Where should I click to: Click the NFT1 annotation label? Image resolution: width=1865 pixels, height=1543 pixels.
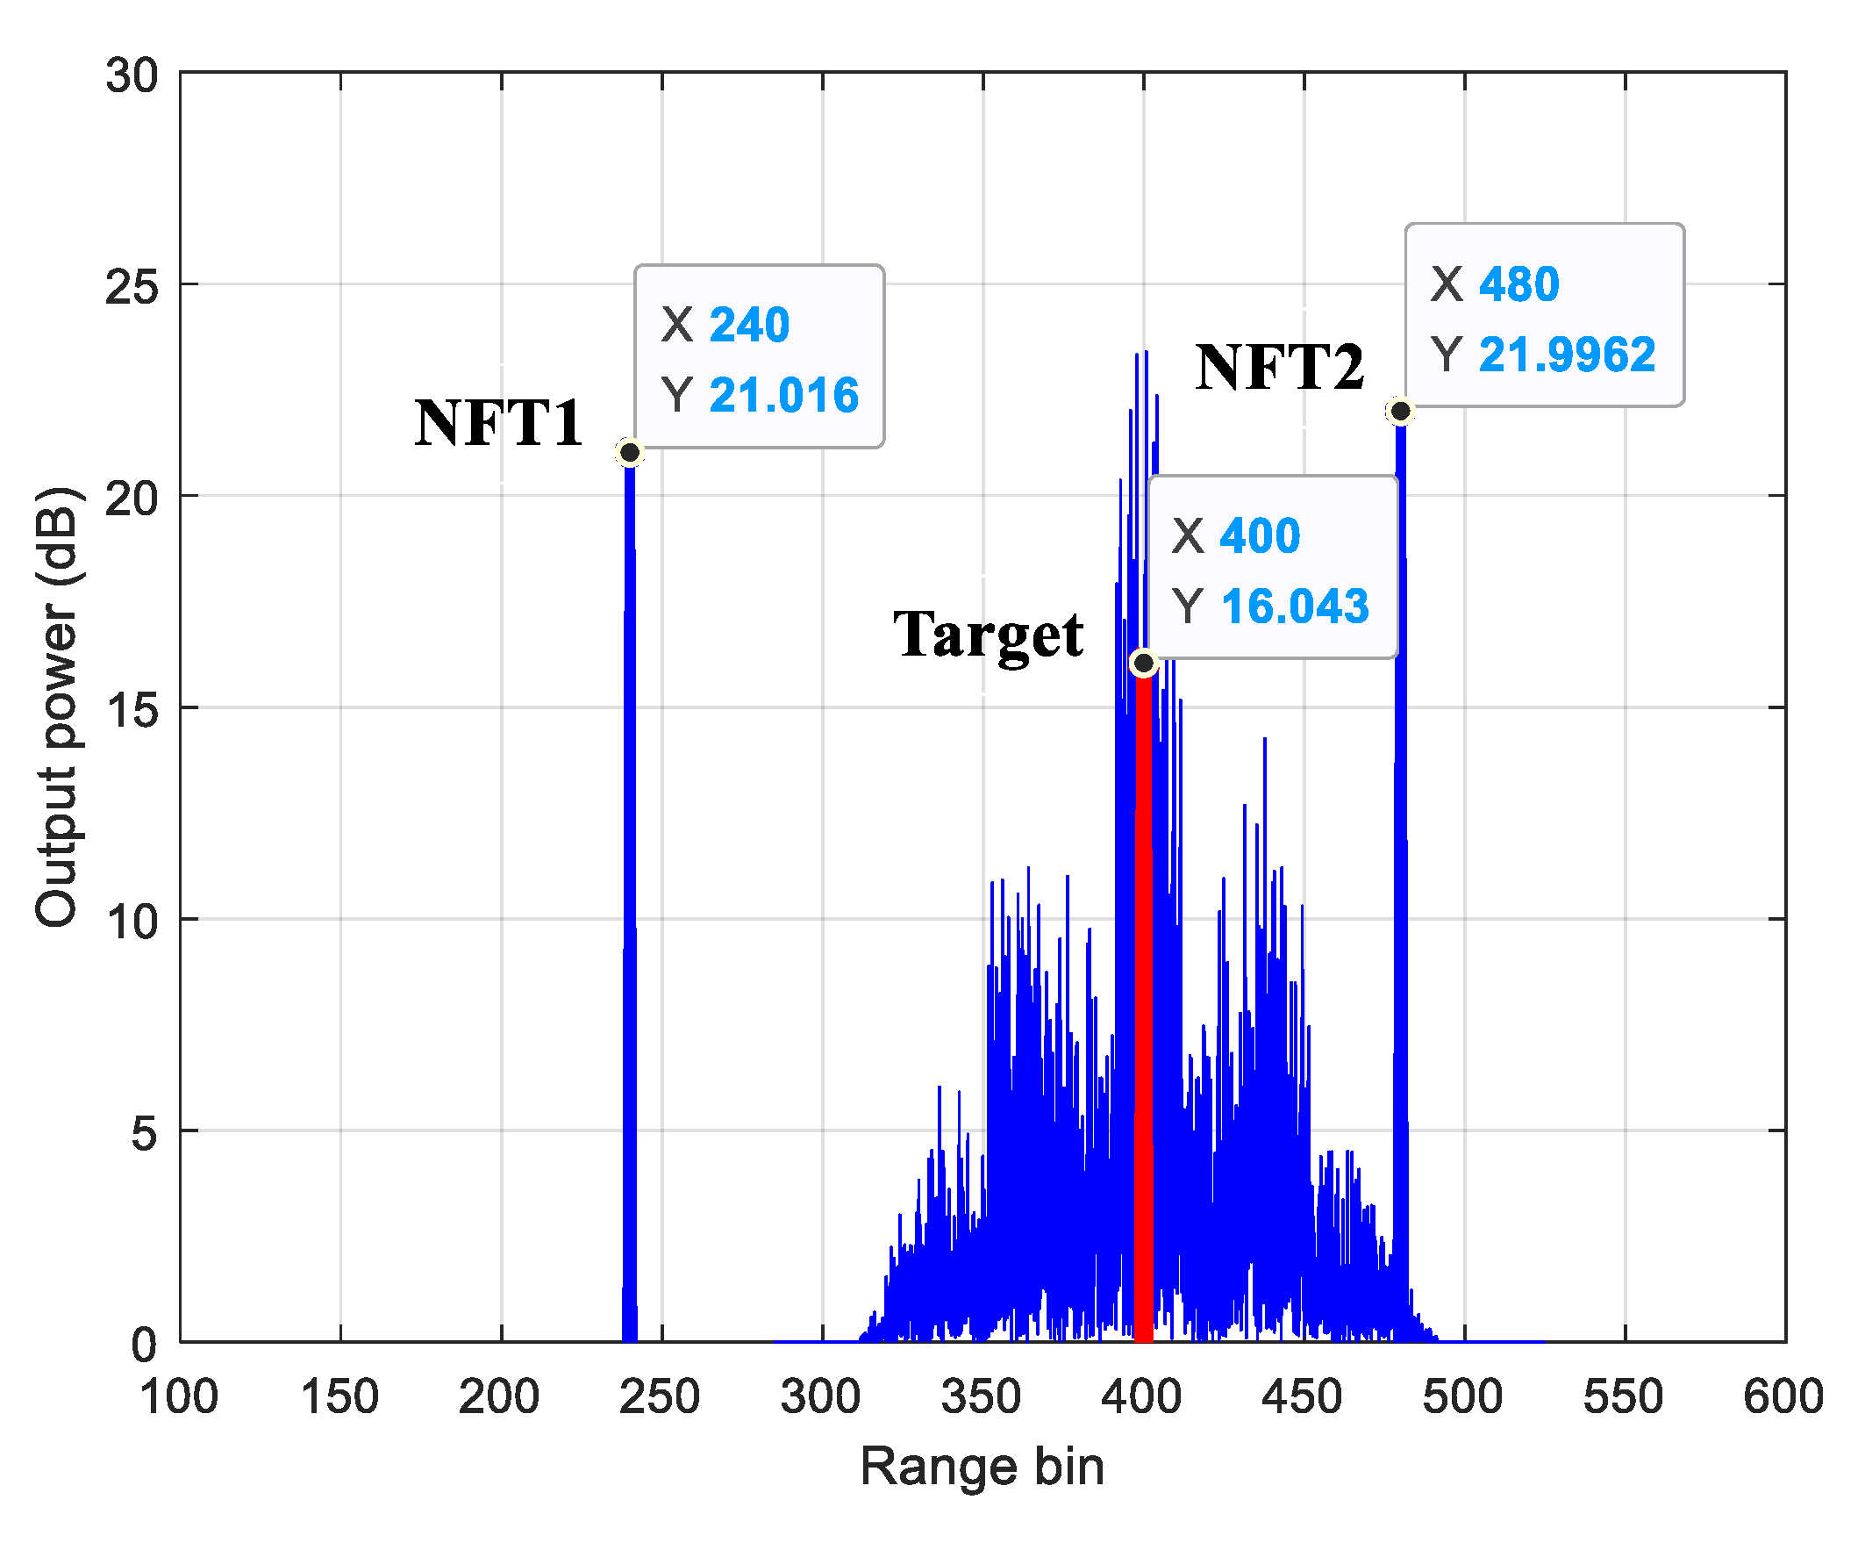pos(498,423)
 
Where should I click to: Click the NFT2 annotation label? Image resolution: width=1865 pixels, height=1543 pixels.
pos(1279,367)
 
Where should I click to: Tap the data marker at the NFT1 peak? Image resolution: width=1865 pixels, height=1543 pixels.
pos(630,453)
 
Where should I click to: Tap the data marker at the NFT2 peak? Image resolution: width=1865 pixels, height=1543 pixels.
pos(1401,412)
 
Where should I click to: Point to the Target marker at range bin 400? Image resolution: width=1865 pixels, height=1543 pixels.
pos(1144,663)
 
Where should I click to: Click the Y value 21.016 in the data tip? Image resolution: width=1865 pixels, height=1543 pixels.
pos(783,395)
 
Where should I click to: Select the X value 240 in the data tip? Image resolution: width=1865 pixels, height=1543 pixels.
pos(749,324)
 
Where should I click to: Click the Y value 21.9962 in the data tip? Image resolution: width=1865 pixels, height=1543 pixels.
pos(1567,355)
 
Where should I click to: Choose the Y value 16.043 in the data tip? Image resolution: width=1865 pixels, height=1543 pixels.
pos(1295,606)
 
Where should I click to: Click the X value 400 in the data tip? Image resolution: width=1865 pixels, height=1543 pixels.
pos(1261,535)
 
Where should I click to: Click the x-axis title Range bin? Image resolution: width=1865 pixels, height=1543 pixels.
pos(983,1467)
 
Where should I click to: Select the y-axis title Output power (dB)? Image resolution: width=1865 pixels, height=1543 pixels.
pos(57,707)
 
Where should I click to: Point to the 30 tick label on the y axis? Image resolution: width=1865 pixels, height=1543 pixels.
pos(132,75)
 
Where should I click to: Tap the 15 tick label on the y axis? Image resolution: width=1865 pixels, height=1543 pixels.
pos(132,709)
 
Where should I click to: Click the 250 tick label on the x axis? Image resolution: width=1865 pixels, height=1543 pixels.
pos(660,1397)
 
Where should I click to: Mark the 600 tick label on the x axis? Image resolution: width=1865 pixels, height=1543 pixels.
pos(1783,1397)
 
